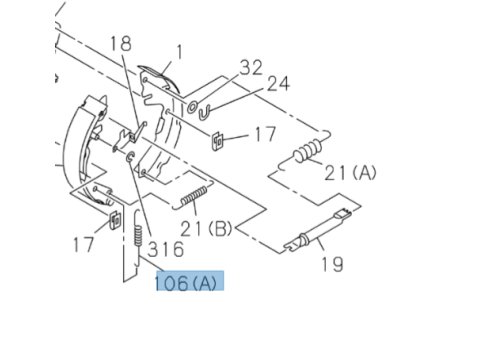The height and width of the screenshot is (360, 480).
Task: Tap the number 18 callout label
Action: click(121, 44)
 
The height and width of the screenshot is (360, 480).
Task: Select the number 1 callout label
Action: click(180, 52)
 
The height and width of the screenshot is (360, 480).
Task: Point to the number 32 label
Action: click(251, 68)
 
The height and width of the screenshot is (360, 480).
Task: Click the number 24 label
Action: click(278, 83)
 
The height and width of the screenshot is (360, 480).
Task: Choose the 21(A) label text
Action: click(350, 173)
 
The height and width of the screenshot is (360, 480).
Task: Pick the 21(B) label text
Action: click(206, 229)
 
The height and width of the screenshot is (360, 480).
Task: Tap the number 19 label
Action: click(332, 264)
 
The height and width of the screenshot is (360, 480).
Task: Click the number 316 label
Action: click(166, 249)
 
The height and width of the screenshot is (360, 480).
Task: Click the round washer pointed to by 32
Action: click(192, 107)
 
